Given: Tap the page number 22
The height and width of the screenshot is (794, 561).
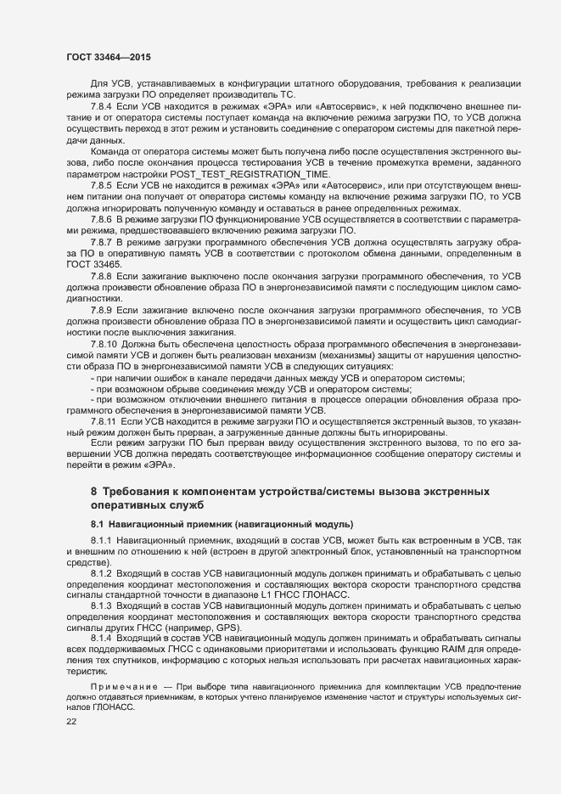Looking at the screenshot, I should pyautogui.click(x=72, y=721).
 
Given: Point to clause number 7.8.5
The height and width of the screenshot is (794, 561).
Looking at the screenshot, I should pyautogui.click(x=102, y=184).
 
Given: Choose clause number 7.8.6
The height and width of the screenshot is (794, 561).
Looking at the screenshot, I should pyautogui.click(x=102, y=218).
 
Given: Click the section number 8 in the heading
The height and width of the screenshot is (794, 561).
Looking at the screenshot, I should pyautogui.click(x=93, y=493).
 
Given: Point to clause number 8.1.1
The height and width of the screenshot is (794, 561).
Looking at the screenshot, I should pyautogui.click(x=102, y=540).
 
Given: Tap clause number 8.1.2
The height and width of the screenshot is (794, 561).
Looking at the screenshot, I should pyautogui.click(x=102, y=574).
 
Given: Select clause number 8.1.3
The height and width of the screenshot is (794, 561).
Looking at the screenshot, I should pyautogui.click(x=102, y=606).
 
